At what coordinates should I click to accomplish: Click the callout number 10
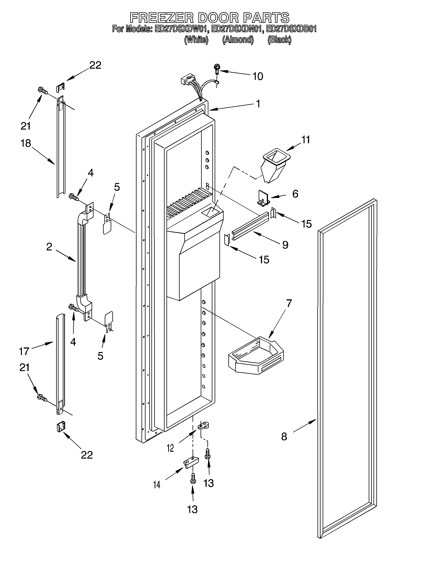258,76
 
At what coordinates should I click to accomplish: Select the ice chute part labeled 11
275,165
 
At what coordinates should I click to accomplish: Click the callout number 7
289,303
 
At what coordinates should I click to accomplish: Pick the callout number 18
26,143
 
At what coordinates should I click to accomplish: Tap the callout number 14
156,491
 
